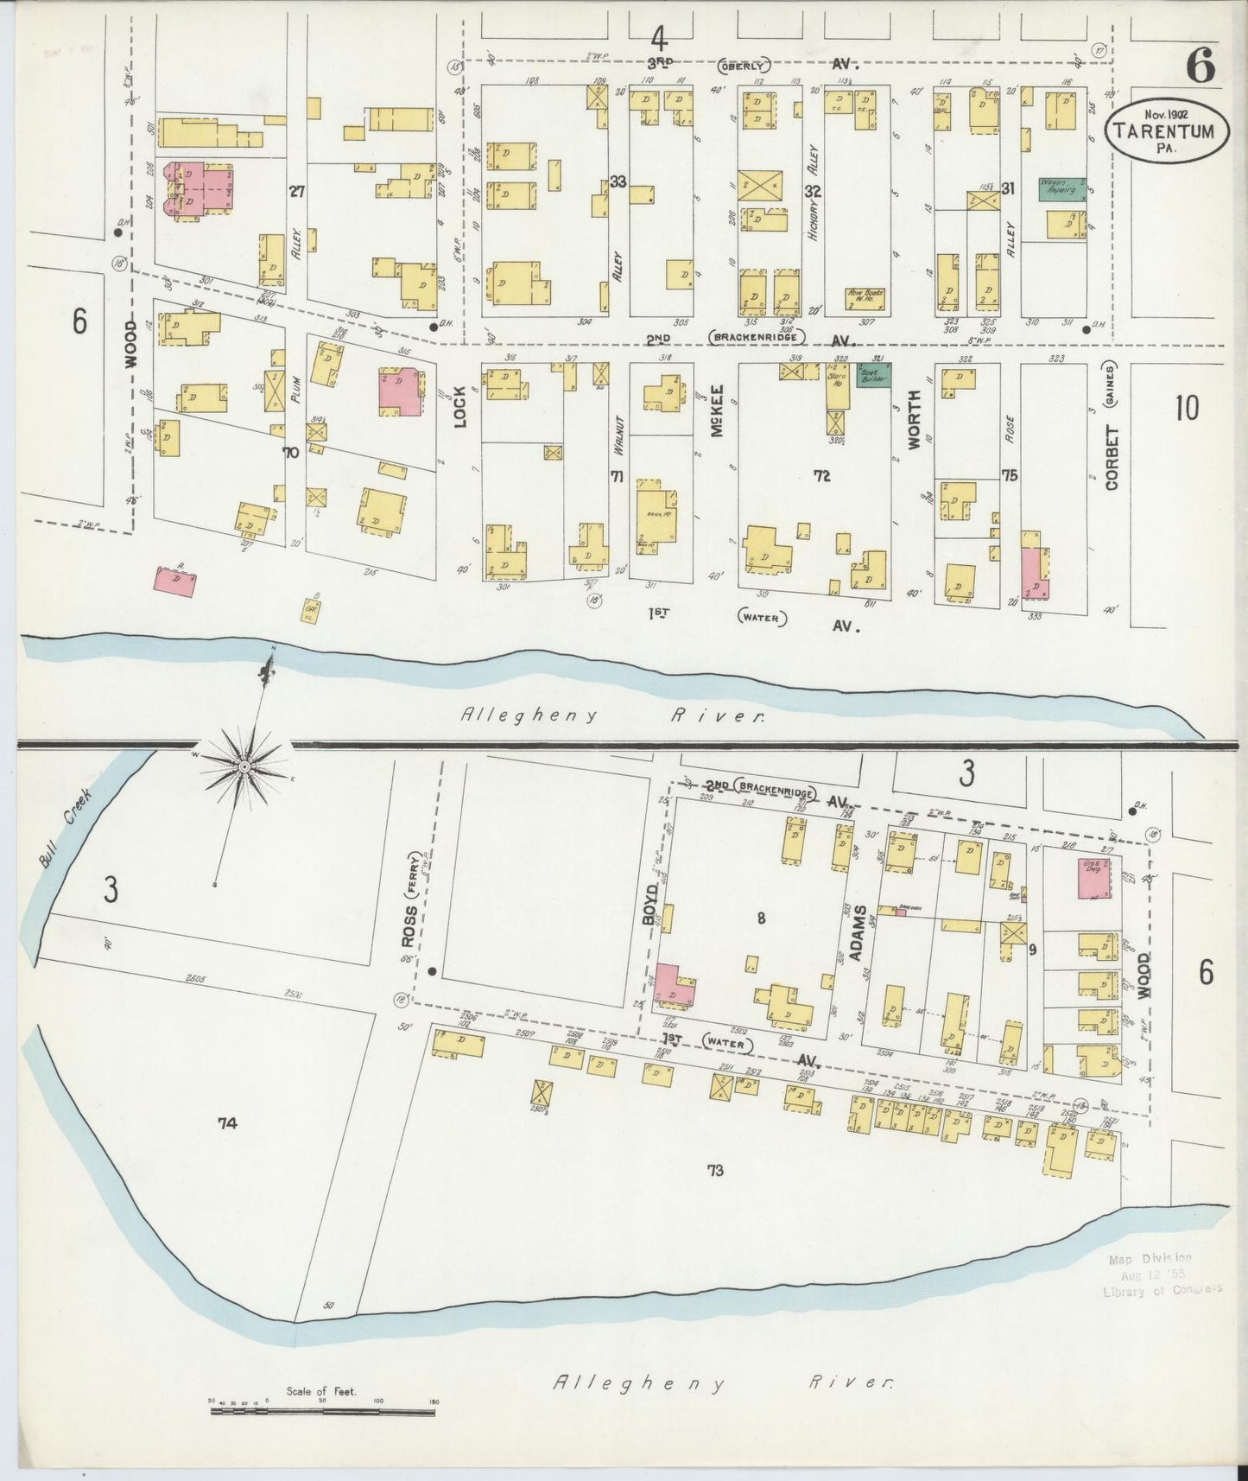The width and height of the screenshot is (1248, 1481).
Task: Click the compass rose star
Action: click(244, 766)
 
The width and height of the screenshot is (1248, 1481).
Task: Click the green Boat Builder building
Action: click(873, 374)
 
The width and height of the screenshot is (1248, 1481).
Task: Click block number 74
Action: click(227, 1122)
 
